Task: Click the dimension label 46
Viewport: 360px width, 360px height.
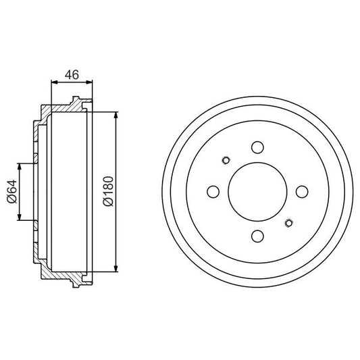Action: (72, 74)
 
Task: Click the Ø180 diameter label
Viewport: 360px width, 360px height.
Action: (108, 191)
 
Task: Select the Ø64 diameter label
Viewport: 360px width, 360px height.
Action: (12, 191)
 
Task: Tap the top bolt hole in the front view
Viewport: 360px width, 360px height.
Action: (257, 147)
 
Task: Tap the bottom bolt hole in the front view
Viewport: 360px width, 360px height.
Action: (257, 236)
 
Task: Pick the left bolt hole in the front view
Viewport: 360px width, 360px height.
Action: (213, 192)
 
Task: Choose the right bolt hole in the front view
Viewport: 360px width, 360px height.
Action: (302, 192)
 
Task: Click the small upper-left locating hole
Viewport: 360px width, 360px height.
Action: (226, 160)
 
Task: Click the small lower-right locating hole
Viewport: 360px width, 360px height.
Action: (288, 223)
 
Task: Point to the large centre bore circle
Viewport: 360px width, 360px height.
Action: (257, 163)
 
